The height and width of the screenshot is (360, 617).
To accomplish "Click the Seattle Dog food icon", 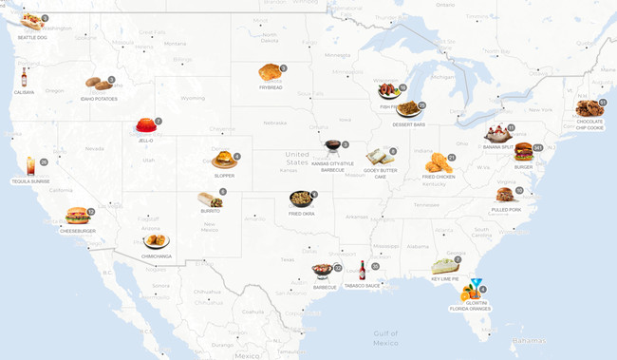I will (30, 22).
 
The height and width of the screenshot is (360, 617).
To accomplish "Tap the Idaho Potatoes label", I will (99, 99).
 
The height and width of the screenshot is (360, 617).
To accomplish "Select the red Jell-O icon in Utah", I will (145, 125).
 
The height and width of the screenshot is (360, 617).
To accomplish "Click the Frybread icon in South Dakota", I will (270, 72).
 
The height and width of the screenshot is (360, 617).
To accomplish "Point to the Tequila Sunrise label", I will (30, 181).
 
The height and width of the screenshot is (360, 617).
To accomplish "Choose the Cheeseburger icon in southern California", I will (77, 216).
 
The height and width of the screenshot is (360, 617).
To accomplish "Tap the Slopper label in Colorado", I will (224, 176).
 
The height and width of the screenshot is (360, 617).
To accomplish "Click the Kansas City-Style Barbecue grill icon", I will (332, 148).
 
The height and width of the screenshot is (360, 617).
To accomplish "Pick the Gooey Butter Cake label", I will (380, 173).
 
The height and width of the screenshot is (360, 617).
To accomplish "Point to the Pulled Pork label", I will (506, 209).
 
